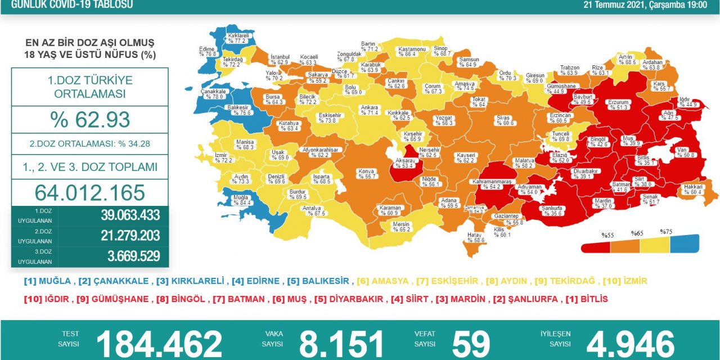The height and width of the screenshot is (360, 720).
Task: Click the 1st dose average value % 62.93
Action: click(90, 120)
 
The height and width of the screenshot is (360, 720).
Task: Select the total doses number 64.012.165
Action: click(90, 192)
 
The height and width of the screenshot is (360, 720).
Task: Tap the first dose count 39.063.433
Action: click(130, 215)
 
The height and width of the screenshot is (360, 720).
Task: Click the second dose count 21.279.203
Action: click(130, 236)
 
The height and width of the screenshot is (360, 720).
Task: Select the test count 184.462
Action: click(159, 343)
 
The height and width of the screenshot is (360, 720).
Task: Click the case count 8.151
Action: click(341, 343)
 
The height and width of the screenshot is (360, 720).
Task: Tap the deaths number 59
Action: click(471, 343)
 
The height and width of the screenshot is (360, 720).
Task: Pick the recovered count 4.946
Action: click(630, 343)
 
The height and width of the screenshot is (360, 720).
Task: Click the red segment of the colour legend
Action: click(596, 246)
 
